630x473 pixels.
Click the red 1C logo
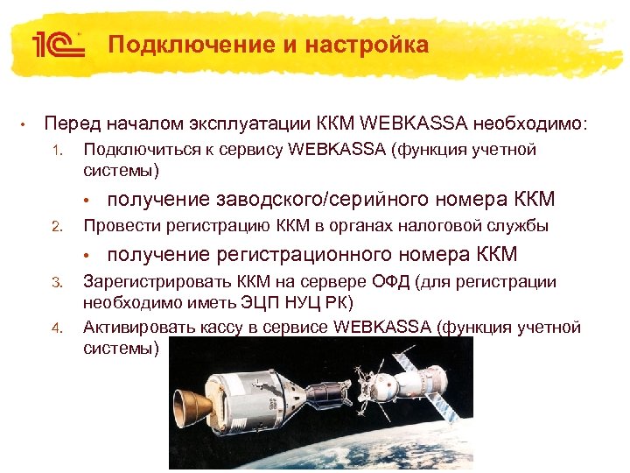click(x=58, y=45)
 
